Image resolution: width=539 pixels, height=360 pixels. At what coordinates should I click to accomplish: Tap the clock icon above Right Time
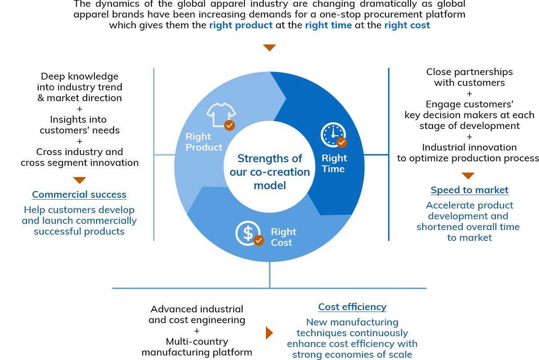tap(333, 135)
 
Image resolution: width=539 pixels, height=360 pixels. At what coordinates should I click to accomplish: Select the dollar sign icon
tap(248, 233)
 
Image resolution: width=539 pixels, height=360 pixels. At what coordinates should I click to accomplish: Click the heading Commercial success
tap(79, 195)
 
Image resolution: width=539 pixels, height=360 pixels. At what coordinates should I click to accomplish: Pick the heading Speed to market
tap(469, 190)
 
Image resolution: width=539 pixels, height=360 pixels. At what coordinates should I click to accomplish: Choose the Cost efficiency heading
tap(352, 307)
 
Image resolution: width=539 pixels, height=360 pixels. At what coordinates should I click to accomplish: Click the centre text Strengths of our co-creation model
tap(269, 172)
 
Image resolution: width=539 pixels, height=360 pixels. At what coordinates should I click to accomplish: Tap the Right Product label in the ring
tap(204, 142)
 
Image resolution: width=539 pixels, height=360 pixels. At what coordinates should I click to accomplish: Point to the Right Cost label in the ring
tap(283, 237)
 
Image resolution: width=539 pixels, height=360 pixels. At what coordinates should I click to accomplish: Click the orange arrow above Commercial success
tap(80, 180)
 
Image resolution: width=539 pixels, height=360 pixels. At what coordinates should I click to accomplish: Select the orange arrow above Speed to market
tap(468, 176)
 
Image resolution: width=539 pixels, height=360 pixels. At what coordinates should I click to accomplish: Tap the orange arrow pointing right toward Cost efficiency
tap(269, 333)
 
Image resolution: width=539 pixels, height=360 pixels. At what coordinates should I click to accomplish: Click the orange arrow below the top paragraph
tap(269, 48)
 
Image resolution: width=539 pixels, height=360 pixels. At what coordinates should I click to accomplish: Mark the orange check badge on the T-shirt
tap(230, 125)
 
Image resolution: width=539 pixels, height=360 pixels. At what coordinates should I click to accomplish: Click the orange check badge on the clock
tap(342, 142)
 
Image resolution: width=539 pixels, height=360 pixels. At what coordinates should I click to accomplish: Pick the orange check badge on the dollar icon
tap(259, 240)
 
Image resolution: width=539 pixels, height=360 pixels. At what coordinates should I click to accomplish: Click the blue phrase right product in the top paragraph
tap(241, 25)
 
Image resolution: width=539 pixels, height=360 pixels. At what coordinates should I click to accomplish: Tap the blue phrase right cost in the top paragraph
tap(407, 25)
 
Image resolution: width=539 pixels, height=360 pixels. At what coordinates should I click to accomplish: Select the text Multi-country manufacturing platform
tap(197, 347)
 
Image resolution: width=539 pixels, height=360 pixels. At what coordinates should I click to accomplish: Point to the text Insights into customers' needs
tap(80, 125)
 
